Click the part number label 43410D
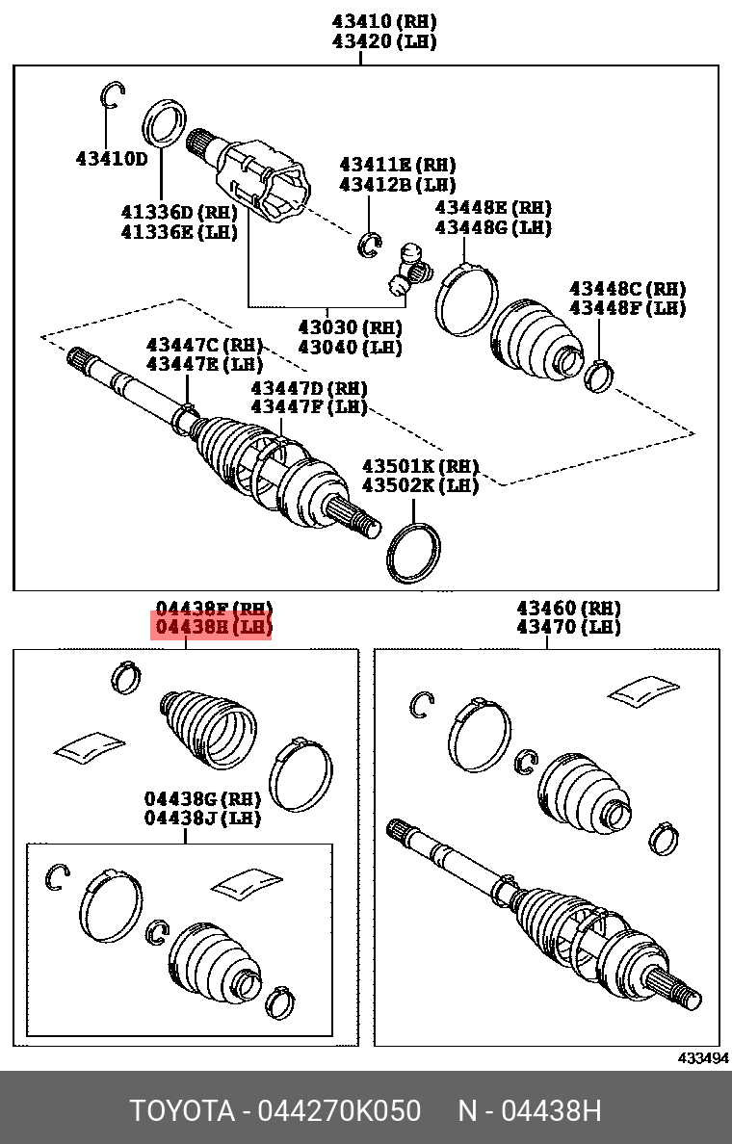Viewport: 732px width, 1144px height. click(112, 158)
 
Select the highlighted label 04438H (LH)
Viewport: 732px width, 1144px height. click(213, 628)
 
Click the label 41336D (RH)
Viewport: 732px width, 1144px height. click(178, 212)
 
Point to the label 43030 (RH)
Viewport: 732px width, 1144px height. click(350, 327)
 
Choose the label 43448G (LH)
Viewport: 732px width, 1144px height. click(492, 227)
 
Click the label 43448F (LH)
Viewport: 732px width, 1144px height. click(627, 308)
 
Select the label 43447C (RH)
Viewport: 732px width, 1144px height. click(204, 345)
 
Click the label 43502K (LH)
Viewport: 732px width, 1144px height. click(420, 485)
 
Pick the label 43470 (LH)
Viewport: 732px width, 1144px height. click(568, 627)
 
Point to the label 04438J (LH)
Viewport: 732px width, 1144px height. click(202, 818)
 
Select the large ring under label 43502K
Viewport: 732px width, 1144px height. click(413, 553)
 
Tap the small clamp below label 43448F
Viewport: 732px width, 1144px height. click(599, 374)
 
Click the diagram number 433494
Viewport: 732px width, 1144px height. click(702, 1057)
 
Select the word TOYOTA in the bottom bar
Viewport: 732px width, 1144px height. click(183, 1111)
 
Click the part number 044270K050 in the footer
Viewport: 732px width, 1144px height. click(339, 1111)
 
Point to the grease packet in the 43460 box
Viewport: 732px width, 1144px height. click(644, 689)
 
